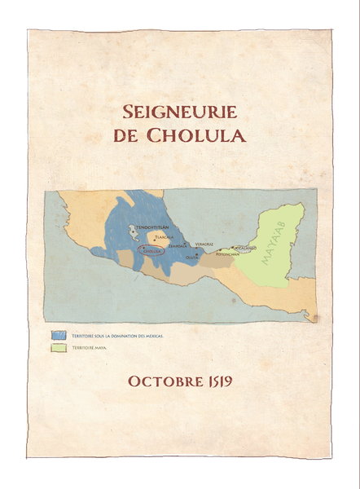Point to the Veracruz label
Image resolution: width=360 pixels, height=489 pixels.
coord(204,243)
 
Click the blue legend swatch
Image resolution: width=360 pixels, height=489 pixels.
coord(59,335)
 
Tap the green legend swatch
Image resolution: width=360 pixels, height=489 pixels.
coord(59,348)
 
